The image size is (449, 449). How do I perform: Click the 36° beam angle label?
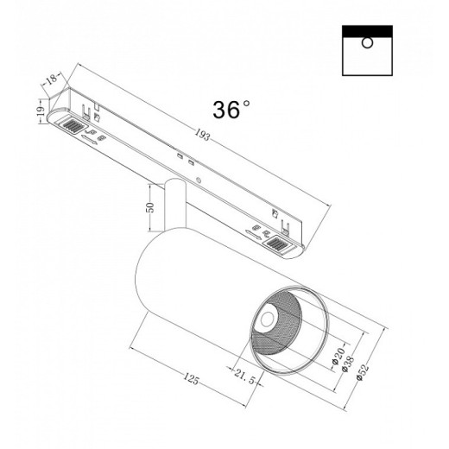(x=231, y=109)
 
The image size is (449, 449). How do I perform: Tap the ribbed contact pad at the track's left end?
(x=67, y=126)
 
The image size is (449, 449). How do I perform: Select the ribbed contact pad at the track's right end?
(x=277, y=248)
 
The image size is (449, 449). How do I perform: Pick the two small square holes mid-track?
(x=184, y=159)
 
